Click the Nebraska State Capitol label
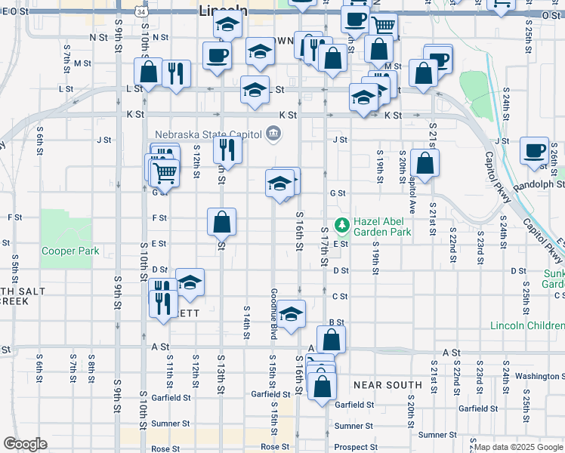coord(208,134)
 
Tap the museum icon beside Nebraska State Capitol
coord(273,134)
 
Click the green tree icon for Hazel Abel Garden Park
coord(342,223)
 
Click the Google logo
coord(25,444)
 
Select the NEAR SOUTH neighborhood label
coord(387,385)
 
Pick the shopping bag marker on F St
coord(222,221)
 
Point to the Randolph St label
coord(539,183)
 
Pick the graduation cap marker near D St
coord(190,282)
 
